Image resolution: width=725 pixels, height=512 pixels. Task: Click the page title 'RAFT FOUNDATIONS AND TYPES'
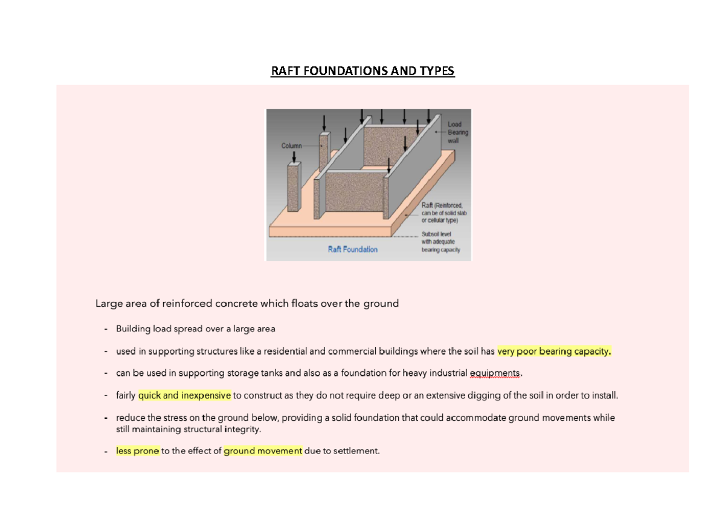pyautogui.click(x=362, y=71)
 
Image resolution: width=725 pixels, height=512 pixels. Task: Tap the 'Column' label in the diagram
pyautogui.click(x=291, y=146)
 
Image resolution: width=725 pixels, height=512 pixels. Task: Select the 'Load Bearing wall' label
pyautogui.click(x=457, y=132)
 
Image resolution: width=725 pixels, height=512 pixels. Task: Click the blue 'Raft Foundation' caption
pyautogui.click(x=353, y=249)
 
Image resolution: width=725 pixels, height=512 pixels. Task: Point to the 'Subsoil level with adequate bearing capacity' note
pyautogui.click(x=442, y=242)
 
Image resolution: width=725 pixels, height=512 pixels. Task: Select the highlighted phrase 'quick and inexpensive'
pyautogui.click(x=185, y=396)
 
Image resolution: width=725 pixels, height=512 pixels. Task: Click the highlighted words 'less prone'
pyautogui.click(x=138, y=451)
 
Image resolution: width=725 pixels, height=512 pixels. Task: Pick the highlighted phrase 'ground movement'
pyautogui.click(x=263, y=451)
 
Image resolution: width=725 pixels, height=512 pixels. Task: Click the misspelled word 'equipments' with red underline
pyautogui.click(x=494, y=373)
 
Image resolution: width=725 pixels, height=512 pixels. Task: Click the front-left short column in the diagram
pyautogui.click(x=293, y=187)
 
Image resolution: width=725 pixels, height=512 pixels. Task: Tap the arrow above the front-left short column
pyautogui.click(x=294, y=156)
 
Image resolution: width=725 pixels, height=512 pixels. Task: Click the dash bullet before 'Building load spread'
pyautogui.click(x=106, y=329)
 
